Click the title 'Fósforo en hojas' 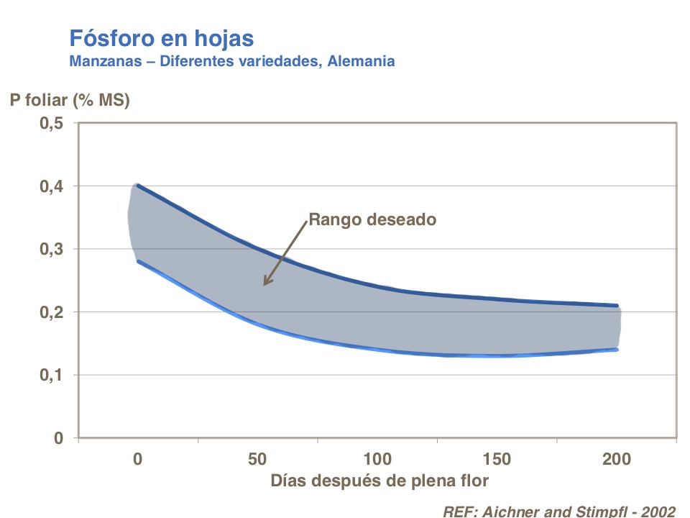pyautogui.click(x=161, y=37)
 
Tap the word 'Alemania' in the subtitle pyautogui.click(x=361, y=60)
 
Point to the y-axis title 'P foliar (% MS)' pyautogui.click(x=70, y=101)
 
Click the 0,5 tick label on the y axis pyautogui.click(x=51, y=124)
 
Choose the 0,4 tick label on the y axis pyautogui.click(x=51, y=186)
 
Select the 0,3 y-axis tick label pyautogui.click(x=51, y=250)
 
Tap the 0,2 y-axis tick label pyautogui.click(x=51, y=312)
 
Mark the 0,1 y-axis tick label pyautogui.click(x=51, y=376)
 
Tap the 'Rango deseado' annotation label pyautogui.click(x=372, y=219)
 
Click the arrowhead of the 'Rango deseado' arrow pyautogui.click(x=265, y=283)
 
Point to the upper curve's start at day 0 pyautogui.click(x=137, y=186)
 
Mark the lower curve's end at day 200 pyautogui.click(x=617, y=350)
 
